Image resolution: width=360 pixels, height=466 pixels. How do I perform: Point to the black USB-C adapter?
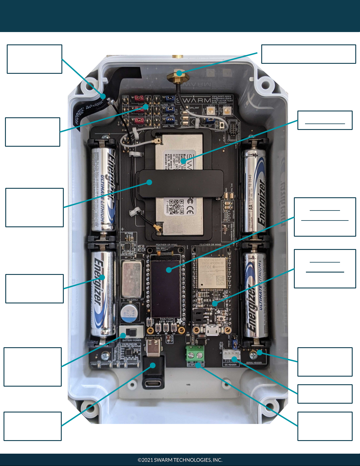coord(153,372)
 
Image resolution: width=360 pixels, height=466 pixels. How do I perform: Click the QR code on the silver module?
coord(177,207)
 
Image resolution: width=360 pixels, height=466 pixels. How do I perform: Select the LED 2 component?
coord(227,111)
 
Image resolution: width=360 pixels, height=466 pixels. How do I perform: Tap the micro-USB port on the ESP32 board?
coord(212,331)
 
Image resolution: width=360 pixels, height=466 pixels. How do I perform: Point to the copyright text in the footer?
coord(180,460)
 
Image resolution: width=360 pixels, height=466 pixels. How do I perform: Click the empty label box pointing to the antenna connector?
coord(308,54)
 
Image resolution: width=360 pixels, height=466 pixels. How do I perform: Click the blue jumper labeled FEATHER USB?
coord(170,99)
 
